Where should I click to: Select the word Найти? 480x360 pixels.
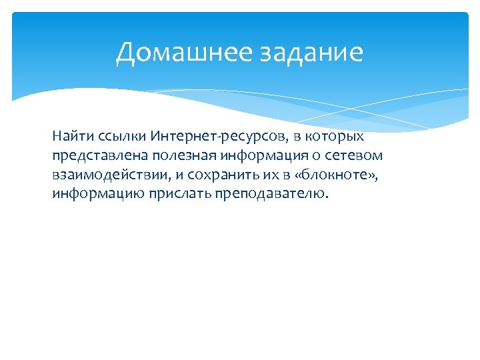click(69, 137)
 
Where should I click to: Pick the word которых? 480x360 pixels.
click(337, 137)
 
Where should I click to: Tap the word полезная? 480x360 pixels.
click(165, 156)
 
